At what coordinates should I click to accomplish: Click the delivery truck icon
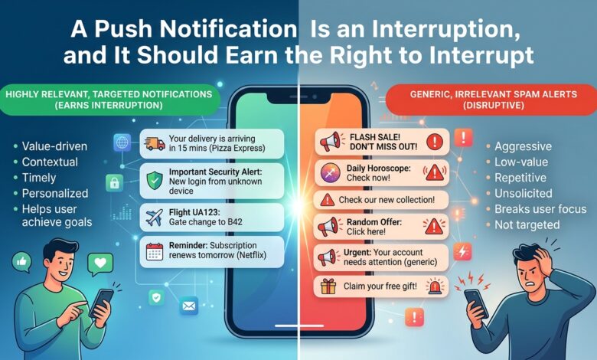155,144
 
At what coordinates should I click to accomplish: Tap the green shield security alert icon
155,181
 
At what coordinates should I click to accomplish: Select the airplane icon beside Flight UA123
154,218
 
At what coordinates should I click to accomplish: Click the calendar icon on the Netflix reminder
155,251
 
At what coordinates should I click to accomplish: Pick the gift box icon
328,286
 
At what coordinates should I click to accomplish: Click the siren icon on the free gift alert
435,286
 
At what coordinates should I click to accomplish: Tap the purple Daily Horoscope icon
331,172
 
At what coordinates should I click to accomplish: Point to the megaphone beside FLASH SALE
330,142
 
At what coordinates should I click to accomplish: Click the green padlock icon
114,183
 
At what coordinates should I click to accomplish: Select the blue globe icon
122,143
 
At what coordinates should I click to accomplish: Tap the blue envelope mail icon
189,306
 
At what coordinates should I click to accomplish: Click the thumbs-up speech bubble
21,262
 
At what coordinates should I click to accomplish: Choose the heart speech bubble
100,263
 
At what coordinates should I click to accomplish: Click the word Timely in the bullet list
39,178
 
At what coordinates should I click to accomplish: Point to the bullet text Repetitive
520,178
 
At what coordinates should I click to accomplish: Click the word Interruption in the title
446,28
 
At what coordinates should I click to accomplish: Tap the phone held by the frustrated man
476,303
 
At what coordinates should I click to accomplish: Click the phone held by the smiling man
101,303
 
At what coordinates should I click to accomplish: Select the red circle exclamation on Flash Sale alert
435,142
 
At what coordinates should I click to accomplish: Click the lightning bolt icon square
462,252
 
